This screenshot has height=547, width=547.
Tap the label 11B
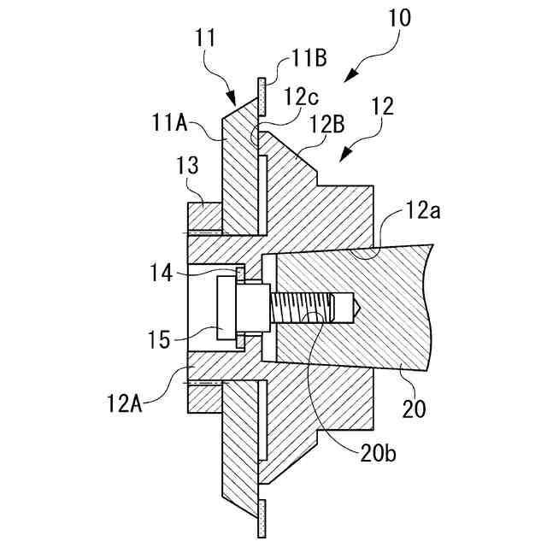click(x=308, y=58)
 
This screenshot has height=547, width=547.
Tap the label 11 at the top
click(x=205, y=38)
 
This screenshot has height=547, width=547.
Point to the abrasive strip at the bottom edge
click(x=263, y=516)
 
